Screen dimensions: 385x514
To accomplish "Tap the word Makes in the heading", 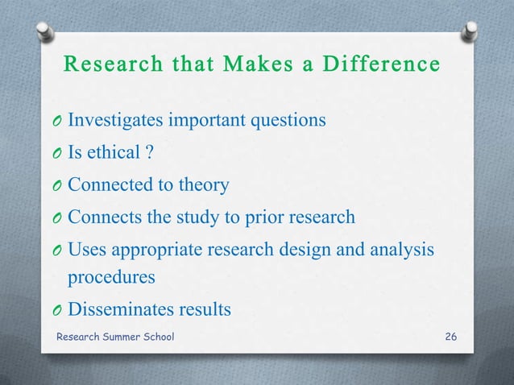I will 238,63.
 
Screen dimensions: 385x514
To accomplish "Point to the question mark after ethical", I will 149,153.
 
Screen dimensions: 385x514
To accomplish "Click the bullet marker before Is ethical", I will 57,154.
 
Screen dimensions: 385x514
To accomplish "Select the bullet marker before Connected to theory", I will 57,186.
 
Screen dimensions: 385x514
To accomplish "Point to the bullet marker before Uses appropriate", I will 57,250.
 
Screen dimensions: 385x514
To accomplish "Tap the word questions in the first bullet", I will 290,121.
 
